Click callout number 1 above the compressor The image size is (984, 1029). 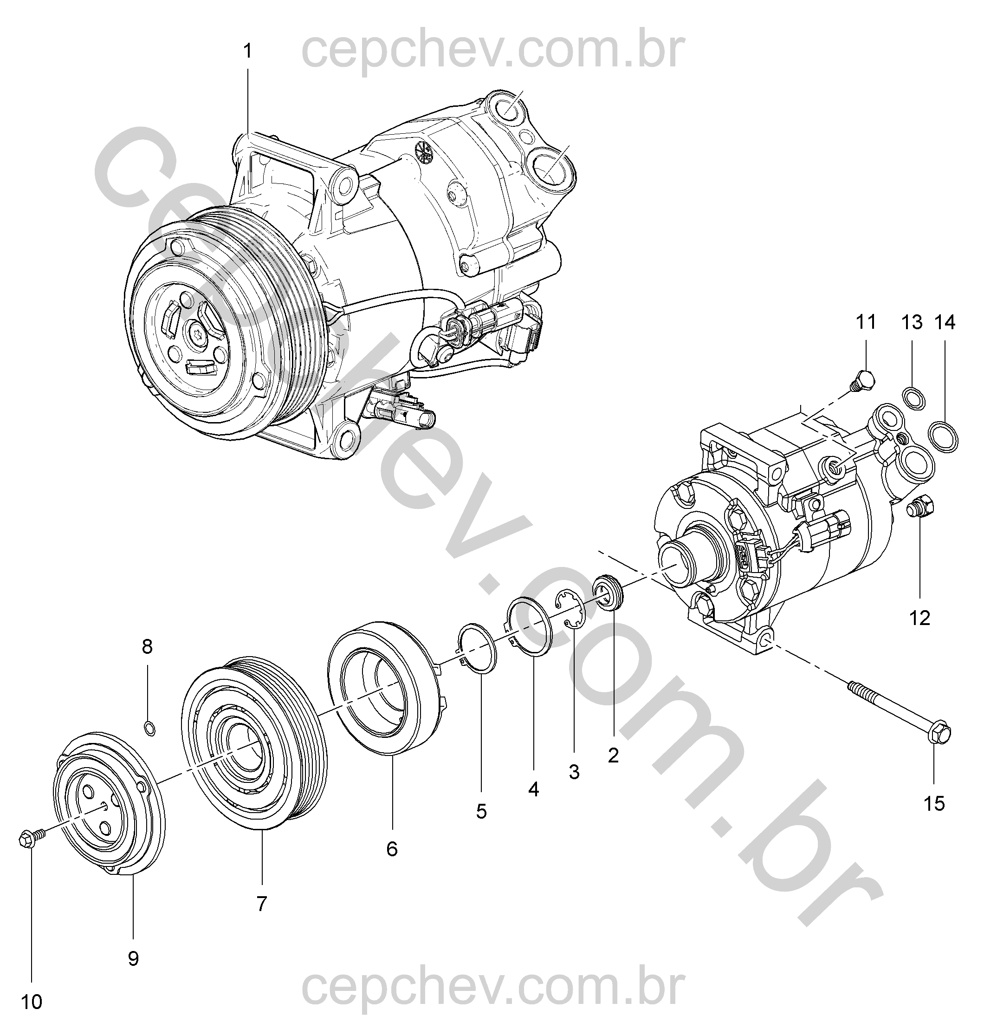[x=247, y=52]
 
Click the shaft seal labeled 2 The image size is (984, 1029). [x=609, y=592]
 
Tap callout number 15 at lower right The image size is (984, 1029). [x=934, y=803]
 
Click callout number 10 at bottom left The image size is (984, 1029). [x=32, y=1002]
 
